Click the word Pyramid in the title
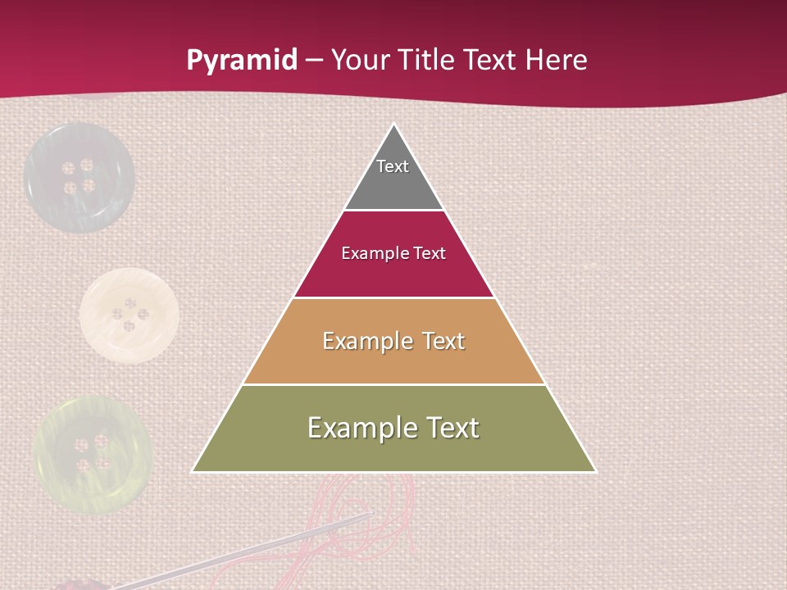(x=241, y=61)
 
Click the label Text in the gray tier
(x=393, y=166)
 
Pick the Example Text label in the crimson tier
(x=393, y=253)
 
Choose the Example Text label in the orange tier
(x=393, y=341)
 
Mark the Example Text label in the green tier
(x=393, y=428)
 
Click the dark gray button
(x=79, y=178)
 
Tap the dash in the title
(x=314, y=61)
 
